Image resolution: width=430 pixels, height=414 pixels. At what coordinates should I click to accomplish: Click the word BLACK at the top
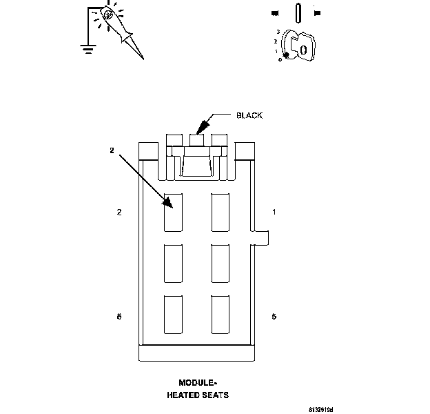[x=249, y=115]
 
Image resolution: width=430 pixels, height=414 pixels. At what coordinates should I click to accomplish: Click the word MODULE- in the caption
[x=197, y=382]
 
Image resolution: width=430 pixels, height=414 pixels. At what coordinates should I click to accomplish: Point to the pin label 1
[x=274, y=212]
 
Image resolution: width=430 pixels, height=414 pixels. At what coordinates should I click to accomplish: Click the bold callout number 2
[x=111, y=150]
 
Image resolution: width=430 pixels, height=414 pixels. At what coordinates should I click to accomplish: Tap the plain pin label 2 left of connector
[x=119, y=212]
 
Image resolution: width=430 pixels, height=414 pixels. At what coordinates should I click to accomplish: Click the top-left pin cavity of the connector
[x=173, y=212]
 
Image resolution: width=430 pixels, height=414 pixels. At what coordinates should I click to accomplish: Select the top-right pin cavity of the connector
[x=221, y=212]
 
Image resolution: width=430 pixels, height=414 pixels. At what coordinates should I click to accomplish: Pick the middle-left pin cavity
[x=173, y=262]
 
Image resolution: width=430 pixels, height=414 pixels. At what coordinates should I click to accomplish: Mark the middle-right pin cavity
[x=221, y=262]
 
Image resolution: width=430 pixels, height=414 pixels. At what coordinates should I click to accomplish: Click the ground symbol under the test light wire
[x=87, y=48]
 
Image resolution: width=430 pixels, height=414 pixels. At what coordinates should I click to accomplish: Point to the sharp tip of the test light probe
[x=143, y=59]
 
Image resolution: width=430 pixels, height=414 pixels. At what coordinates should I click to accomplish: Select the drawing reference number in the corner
[x=321, y=409]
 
